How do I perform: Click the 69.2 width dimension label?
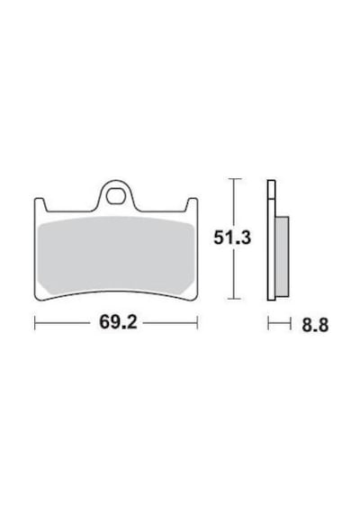118,322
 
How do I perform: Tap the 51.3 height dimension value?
232,238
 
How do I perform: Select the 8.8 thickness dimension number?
315,325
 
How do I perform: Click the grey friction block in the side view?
282,256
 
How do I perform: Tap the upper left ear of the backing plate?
40,205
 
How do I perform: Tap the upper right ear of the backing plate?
192,205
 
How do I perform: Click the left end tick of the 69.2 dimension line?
35,322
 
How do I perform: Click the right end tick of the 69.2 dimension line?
197,322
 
